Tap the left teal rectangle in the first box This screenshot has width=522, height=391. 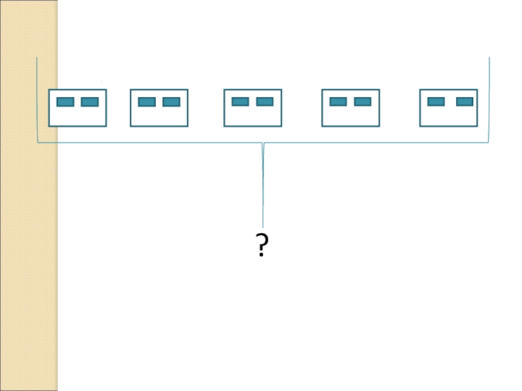[65, 102]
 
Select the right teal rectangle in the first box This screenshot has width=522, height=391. [90, 102]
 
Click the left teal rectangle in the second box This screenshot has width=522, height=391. [147, 102]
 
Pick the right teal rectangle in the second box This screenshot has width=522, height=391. [171, 102]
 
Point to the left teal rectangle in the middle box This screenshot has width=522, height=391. [240, 102]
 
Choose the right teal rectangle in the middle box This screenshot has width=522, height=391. [264, 102]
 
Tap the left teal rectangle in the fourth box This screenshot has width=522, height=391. [338, 102]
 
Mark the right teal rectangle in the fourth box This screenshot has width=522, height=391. [362, 102]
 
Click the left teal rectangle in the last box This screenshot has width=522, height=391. [436, 102]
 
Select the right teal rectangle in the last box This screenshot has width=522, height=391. [465, 102]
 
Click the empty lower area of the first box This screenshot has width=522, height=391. [78, 117]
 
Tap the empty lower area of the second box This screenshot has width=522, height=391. [159, 117]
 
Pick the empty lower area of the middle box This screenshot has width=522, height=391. [253, 117]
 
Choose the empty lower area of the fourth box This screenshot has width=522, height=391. [350, 117]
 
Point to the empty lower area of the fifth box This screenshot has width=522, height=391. [448, 117]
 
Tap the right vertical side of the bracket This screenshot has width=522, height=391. [489, 98]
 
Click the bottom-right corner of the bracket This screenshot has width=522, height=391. [488, 142]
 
